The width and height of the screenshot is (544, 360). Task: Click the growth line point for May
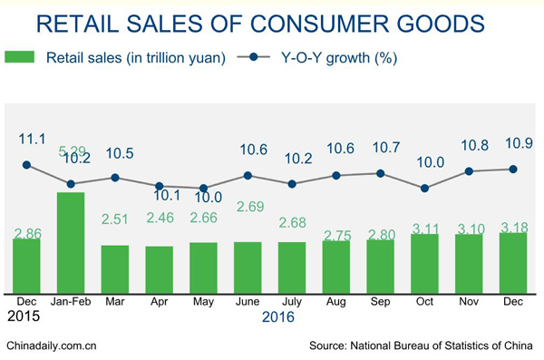tap(204, 188)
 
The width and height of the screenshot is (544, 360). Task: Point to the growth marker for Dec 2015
tap(26, 165)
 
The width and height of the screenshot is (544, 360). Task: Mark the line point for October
tap(425, 188)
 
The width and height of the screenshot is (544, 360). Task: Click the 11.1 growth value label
tap(32, 138)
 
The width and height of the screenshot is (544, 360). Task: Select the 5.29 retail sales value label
tap(72, 151)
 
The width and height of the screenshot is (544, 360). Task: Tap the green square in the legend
tap(19, 58)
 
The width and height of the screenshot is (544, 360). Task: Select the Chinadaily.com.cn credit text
tap(52, 345)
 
